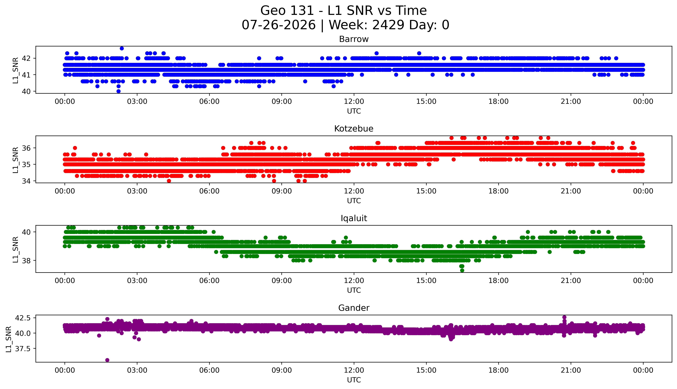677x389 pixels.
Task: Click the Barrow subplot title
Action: pos(354,39)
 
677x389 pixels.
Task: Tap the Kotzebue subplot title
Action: pos(354,129)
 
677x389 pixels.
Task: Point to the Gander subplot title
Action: pos(354,308)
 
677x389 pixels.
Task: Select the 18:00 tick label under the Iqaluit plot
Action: pos(499,281)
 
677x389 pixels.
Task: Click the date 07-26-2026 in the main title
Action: pos(279,25)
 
